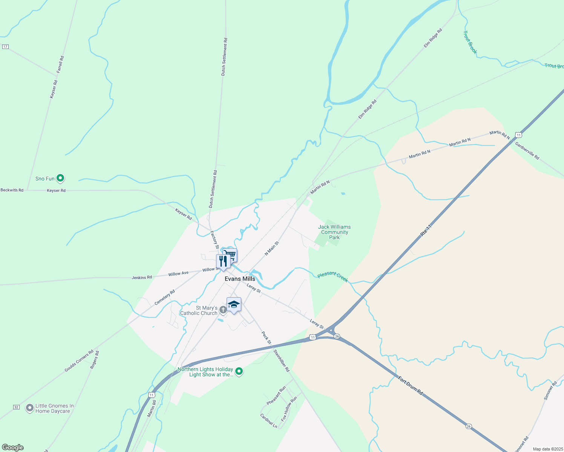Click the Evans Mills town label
(240, 279)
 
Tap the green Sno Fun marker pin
(60, 178)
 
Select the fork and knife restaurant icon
(223, 261)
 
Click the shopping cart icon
(230, 255)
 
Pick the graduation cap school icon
(234, 304)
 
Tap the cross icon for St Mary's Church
(223, 310)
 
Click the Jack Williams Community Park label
(334, 232)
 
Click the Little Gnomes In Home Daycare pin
(30, 408)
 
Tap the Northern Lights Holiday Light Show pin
(239, 372)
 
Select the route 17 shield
(5, 47)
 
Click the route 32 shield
(16, 407)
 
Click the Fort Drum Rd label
(411, 385)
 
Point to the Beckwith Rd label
(12, 190)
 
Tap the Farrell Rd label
(60, 64)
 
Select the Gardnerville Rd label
(527, 151)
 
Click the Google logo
(13, 447)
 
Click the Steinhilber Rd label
(281, 360)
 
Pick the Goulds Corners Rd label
(79, 361)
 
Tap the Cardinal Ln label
(269, 421)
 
